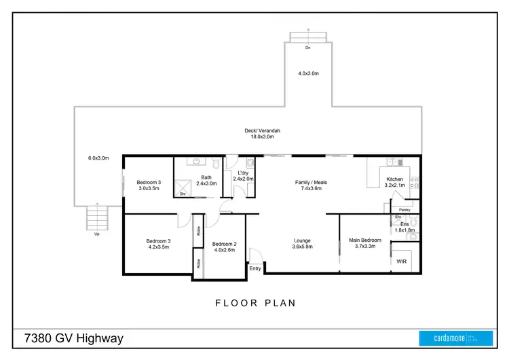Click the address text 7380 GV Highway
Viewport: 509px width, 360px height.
coord(73,338)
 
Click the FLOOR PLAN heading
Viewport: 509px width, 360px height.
coord(255,303)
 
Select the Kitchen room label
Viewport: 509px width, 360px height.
coord(394,179)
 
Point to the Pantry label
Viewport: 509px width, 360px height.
coord(405,210)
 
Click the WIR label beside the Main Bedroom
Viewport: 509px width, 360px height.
coord(401,260)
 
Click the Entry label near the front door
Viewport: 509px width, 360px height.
coord(255,268)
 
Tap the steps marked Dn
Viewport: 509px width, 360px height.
coord(308,37)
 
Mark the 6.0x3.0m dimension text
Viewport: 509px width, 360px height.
coord(98,158)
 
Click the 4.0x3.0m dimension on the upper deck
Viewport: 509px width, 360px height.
coord(308,73)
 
